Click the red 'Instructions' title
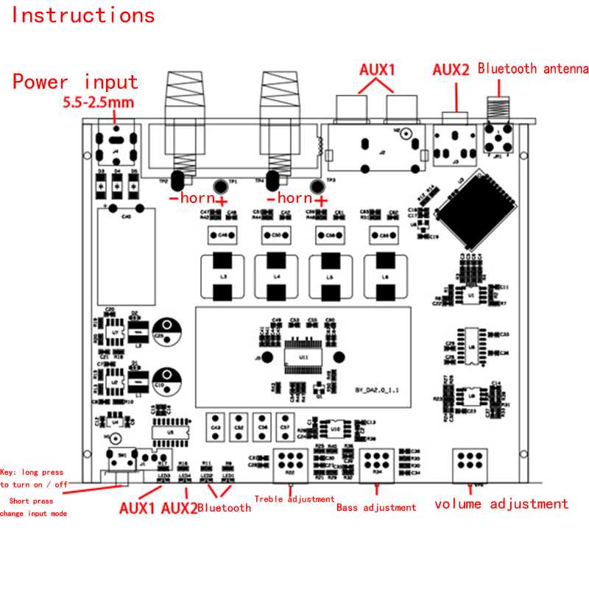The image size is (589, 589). pyautogui.click(x=83, y=15)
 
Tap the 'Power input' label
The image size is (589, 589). pyautogui.click(x=75, y=82)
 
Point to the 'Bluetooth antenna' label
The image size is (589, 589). pyautogui.click(x=533, y=69)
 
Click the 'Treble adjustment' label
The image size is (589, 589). pyautogui.click(x=294, y=499)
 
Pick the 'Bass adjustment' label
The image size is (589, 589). pyautogui.click(x=375, y=507)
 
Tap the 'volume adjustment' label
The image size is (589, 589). pyautogui.click(x=501, y=504)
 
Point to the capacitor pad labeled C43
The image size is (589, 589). pyautogui.click(x=216, y=425)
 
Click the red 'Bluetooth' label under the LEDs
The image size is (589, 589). pyautogui.click(x=224, y=507)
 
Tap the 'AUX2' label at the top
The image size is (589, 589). pyautogui.click(x=451, y=71)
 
